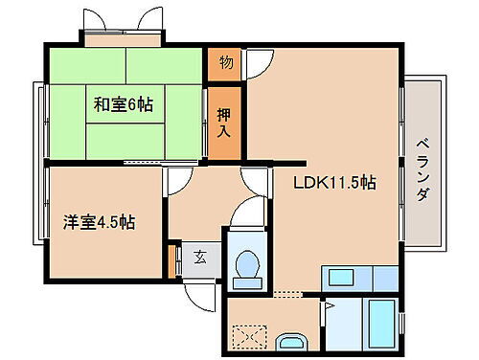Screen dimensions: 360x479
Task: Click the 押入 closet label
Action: pos(222,112)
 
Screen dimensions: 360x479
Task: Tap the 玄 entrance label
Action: pos(200,256)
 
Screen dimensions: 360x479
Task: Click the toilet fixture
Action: pos(248,264)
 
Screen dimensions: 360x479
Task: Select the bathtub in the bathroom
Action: pos(370,324)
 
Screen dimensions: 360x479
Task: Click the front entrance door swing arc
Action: pos(199,293)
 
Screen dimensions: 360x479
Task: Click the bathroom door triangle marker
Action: pos(328,307)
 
